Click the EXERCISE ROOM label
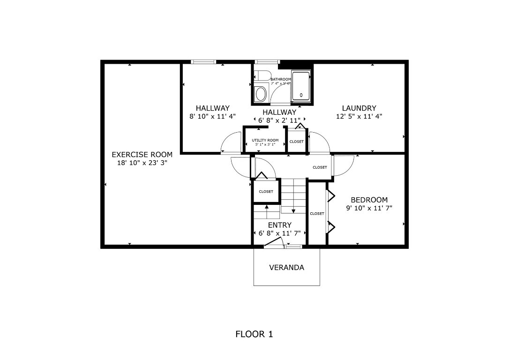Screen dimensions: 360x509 point(142,154)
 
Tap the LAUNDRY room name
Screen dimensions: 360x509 point(359,108)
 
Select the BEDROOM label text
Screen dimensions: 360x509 point(369,200)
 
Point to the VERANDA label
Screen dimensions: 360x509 point(286,268)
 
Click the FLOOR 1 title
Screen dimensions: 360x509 point(254,334)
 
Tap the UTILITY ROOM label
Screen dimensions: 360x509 point(265,140)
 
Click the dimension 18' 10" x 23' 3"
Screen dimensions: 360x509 point(142,163)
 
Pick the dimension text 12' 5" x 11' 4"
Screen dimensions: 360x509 point(359,117)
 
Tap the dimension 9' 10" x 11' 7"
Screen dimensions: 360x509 point(369,209)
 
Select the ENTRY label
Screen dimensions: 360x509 point(279,225)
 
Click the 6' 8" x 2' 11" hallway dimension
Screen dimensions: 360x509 point(279,120)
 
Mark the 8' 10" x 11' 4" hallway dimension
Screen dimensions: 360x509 point(212,117)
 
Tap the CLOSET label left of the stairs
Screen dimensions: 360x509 point(266,191)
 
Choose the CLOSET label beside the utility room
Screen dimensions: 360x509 point(296,142)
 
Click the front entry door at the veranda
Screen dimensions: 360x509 point(273,242)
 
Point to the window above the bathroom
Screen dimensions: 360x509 point(267,61)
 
